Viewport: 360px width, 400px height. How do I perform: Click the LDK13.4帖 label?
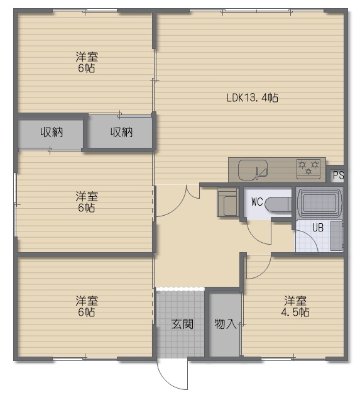point(252,97)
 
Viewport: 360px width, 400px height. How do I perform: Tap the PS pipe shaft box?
point(338,175)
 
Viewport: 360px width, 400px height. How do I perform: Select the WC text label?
point(257,202)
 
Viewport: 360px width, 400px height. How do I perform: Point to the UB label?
point(318,228)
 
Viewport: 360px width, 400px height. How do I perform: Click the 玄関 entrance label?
point(182,324)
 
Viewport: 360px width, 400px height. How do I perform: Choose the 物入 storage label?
point(225,324)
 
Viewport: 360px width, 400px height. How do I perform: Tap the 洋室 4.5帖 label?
point(295,306)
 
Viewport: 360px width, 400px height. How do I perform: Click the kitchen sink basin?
point(253,170)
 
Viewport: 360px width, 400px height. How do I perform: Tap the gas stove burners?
point(308,169)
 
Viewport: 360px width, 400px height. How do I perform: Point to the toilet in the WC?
point(278,204)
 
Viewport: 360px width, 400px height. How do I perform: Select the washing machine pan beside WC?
point(228,202)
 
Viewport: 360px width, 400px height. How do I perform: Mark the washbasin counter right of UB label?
point(337,236)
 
